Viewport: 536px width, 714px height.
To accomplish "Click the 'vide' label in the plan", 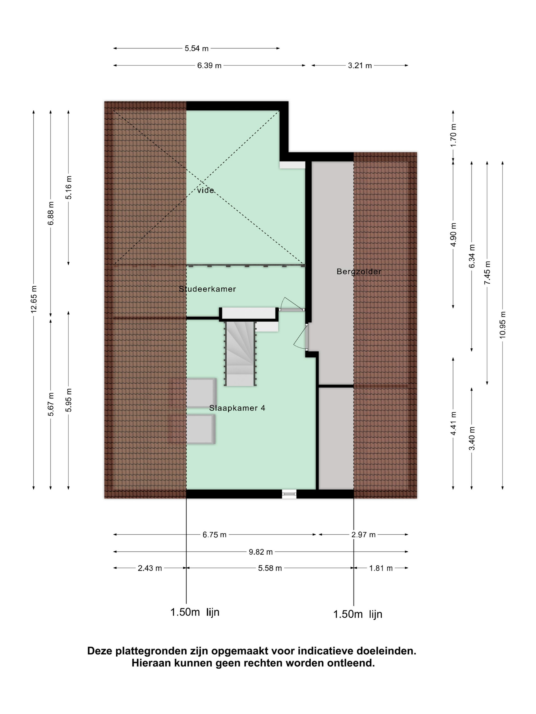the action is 205,190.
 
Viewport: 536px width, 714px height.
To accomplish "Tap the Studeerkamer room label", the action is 208,289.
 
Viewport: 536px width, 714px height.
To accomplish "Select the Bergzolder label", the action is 359,272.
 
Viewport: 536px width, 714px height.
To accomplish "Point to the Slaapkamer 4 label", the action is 237,408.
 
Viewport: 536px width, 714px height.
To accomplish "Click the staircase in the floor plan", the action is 240,353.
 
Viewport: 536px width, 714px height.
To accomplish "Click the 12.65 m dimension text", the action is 34,299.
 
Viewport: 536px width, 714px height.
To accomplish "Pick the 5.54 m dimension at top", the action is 197,48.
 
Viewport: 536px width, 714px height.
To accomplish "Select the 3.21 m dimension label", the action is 360,66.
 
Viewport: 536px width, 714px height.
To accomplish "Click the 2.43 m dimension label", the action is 150,568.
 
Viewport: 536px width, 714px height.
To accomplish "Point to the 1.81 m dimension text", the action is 381,568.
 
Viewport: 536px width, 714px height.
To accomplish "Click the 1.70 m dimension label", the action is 453,135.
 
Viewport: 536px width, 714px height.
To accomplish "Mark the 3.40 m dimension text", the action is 472,438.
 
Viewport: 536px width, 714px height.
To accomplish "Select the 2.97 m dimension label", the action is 363,535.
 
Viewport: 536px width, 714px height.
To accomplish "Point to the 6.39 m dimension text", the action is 209,66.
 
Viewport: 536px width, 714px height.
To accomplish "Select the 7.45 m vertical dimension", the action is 487,273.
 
